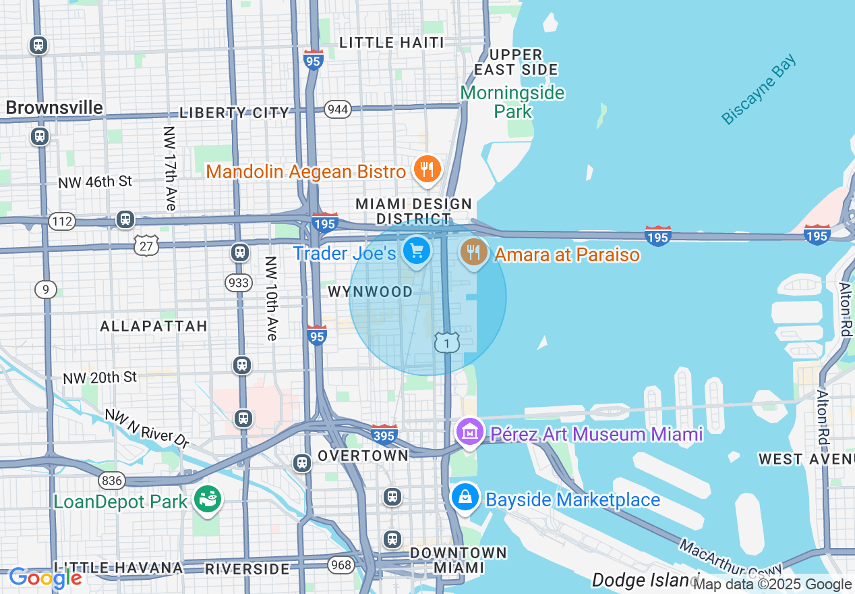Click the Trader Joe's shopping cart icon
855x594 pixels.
pyautogui.click(x=417, y=252)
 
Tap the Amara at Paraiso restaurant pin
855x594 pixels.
pyautogui.click(x=474, y=252)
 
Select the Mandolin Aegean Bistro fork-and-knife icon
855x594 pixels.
pyautogui.click(x=426, y=169)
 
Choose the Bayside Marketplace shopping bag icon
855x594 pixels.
pyautogui.click(x=465, y=498)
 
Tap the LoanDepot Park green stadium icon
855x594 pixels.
pyautogui.click(x=207, y=500)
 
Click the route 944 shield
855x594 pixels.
pyautogui.click(x=337, y=109)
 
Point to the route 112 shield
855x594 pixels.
pyautogui.click(x=62, y=221)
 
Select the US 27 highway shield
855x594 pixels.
pyautogui.click(x=146, y=246)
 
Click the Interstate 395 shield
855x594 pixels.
pyautogui.click(x=384, y=435)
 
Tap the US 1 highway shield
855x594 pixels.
pyautogui.click(x=446, y=342)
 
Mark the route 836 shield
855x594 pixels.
pyautogui.click(x=111, y=481)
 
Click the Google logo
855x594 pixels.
pyautogui.click(x=45, y=578)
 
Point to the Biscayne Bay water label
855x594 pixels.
pyautogui.click(x=759, y=89)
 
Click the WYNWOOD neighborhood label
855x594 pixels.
pyautogui.click(x=370, y=292)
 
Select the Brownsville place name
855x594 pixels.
pyautogui.click(x=55, y=108)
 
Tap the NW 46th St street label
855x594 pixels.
pyautogui.click(x=95, y=182)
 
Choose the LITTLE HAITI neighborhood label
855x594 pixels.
pyautogui.click(x=391, y=43)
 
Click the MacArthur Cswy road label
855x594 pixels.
pyautogui.click(x=731, y=557)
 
